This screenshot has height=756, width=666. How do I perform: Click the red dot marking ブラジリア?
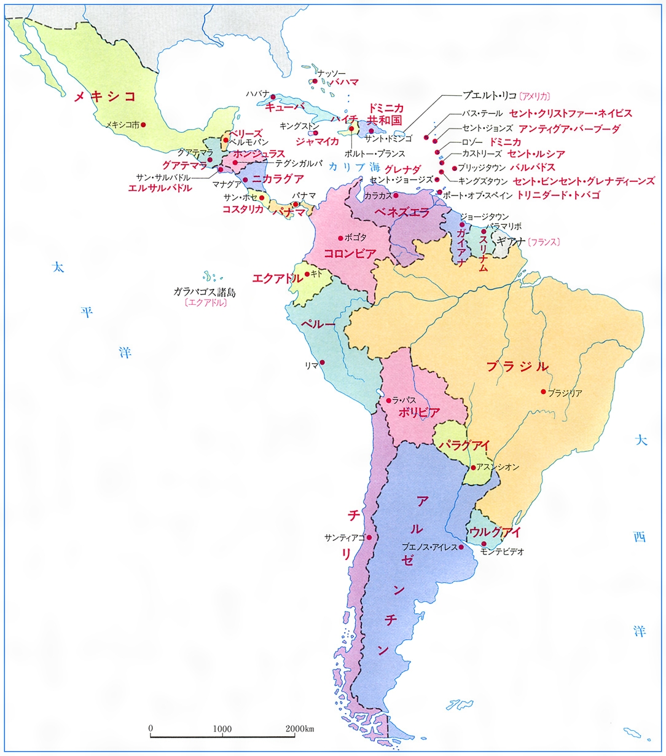click(x=543, y=392)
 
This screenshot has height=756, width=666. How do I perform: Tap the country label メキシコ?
click(x=104, y=96)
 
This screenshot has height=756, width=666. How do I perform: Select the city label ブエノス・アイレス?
click(x=429, y=547)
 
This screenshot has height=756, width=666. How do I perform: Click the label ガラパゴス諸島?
click(x=205, y=292)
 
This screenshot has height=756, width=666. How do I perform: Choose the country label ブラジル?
click(x=517, y=367)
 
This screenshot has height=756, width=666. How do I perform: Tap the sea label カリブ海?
click(x=354, y=167)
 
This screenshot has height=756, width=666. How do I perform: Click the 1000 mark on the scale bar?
click(x=222, y=729)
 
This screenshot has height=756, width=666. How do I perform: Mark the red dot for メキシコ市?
click(x=143, y=125)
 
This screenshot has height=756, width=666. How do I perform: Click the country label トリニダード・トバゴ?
click(x=558, y=195)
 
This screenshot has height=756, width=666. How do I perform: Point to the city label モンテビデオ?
click(x=502, y=552)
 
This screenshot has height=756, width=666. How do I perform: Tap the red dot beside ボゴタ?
click(x=340, y=238)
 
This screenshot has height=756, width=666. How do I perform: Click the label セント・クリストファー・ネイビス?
click(x=570, y=114)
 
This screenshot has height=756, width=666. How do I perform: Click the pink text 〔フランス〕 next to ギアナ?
click(x=543, y=242)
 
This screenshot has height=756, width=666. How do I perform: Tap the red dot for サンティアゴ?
click(x=369, y=537)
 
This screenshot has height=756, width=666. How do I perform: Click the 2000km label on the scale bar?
click(x=300, y=729)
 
